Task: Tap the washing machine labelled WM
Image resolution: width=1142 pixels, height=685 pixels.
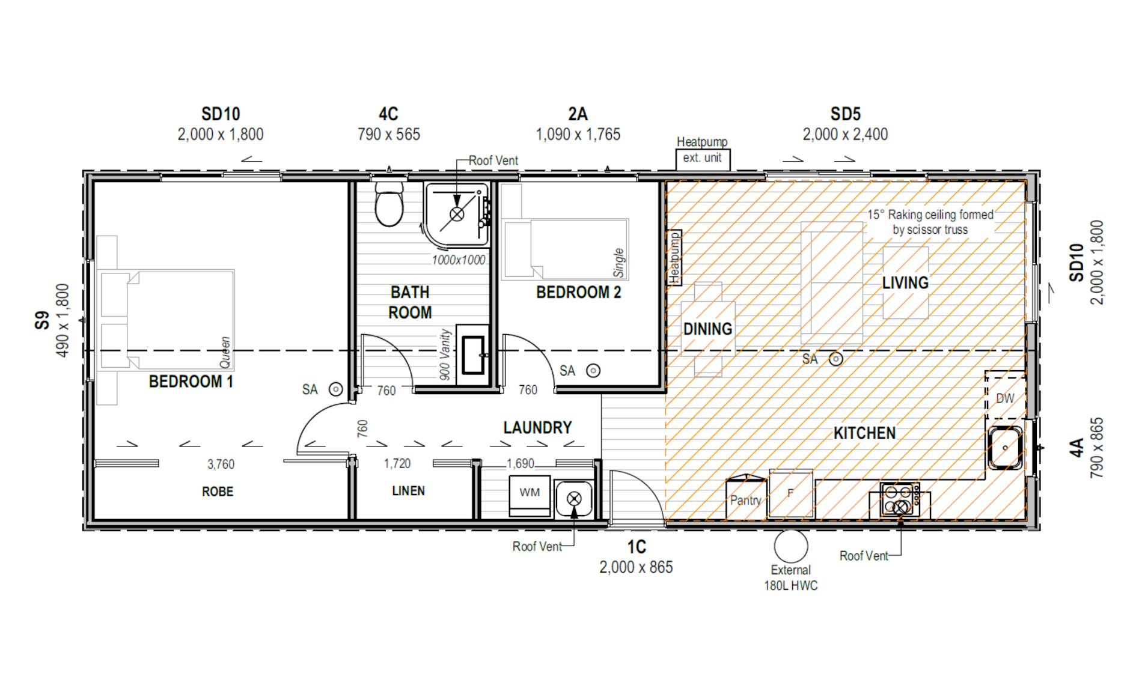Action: (x=530, y=494)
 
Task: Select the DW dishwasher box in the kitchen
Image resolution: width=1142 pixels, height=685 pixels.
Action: (x=1005, y=398)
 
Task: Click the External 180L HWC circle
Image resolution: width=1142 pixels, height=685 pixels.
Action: (x=790, y=546)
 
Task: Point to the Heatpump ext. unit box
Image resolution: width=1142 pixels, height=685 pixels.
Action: (x=702, y=158)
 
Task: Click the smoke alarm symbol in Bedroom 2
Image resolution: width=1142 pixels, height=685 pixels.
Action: (x=593, y=371)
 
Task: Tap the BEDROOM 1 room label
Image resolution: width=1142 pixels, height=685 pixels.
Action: (x=191, y=382)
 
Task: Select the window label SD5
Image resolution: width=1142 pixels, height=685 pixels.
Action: (x=845, y=114)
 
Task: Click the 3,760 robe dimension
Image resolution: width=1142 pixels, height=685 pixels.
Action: (x=221, y=464)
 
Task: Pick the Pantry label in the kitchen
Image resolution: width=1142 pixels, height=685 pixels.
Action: (x=745, y=500)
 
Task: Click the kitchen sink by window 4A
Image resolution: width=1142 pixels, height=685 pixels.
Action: (x=1005, y=448)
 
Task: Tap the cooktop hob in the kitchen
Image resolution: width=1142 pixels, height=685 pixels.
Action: (x=899, y=499)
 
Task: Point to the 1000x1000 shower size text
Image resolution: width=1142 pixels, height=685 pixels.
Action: (x=458, y=260)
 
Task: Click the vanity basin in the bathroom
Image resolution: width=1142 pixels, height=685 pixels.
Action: (x=473, y=356)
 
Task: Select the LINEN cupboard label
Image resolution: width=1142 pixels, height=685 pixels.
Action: (x=408, y=491)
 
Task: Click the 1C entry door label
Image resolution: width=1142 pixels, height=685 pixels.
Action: (x=637, y=547)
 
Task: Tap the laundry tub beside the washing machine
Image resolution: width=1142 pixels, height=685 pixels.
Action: (x=574, y=498)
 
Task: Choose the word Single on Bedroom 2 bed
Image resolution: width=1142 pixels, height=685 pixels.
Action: (x=618, y=263)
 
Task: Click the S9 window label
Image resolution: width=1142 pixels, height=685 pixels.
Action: (x=41, y=320)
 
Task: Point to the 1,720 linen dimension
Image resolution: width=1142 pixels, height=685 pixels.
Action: (x=397, y=464)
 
